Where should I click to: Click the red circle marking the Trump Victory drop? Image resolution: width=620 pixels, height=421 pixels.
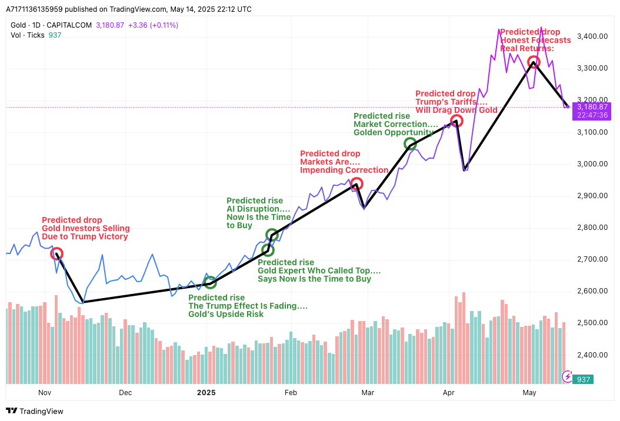56,253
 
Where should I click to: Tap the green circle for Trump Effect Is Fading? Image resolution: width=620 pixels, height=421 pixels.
210,283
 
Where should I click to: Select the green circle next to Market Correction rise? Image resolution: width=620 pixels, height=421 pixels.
411,143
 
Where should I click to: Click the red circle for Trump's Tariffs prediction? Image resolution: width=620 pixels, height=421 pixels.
456,121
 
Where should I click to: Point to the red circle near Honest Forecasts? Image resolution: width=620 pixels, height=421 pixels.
534,62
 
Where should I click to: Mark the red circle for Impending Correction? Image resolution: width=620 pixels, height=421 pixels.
356,184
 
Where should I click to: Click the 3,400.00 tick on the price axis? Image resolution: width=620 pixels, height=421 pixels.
592,36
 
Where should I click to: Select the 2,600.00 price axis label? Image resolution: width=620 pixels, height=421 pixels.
592,291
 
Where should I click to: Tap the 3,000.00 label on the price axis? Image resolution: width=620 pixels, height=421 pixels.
592,164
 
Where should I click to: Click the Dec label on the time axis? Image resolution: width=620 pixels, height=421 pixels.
125,392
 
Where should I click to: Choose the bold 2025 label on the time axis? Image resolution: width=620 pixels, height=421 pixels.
206,392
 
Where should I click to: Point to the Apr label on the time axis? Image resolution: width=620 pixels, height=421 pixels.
449,392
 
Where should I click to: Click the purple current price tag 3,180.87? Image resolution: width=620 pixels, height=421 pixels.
592,107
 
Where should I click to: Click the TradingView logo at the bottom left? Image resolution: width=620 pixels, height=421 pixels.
35,411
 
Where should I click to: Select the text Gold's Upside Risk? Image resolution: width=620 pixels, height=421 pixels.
226,314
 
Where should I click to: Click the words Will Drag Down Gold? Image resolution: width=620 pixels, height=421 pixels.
456,110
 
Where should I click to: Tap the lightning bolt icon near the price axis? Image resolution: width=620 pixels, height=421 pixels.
568,376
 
